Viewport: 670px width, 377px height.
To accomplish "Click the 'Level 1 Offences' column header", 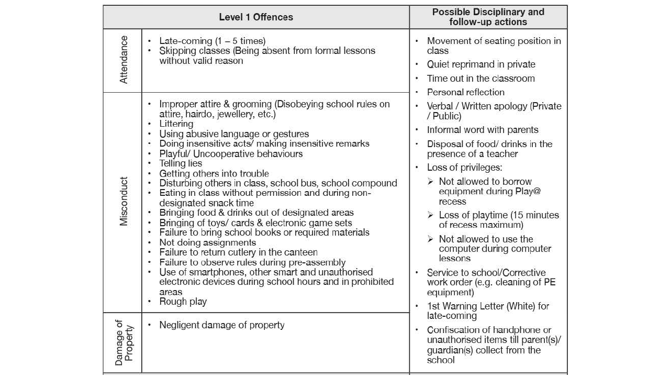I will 256,17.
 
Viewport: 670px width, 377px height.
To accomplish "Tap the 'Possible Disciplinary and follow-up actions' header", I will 488,17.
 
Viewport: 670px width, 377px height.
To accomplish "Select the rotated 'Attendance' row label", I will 124,60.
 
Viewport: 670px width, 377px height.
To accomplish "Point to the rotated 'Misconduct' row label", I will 124,202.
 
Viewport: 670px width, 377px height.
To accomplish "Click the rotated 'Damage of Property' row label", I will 124,342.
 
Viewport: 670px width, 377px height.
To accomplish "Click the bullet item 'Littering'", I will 176,124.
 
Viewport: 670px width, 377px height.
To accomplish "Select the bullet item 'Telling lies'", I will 181,163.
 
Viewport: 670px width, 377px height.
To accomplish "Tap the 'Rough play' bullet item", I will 183,302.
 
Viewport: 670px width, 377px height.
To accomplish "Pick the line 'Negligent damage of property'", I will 222,325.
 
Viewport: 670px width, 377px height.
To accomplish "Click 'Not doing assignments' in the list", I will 208,242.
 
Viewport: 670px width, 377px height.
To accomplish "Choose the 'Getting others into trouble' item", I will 214,173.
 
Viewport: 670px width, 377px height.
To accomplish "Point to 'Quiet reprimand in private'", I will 481,64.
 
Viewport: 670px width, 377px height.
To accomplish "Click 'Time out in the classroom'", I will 481,79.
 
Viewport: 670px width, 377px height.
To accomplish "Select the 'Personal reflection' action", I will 466,92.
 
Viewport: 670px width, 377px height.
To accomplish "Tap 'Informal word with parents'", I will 483,130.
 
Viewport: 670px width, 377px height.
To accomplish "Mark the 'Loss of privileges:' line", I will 464,168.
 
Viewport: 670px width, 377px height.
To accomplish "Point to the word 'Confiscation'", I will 454,330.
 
